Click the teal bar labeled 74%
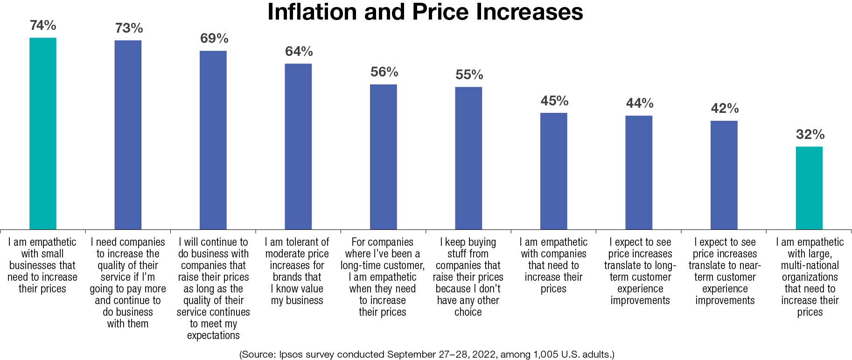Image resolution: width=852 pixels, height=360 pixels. click(43, 133)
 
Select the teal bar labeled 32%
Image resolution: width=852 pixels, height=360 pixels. click(809, 188)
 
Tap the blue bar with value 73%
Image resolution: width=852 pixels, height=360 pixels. click(128, 135)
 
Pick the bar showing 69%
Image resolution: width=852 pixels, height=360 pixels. click(213, 140)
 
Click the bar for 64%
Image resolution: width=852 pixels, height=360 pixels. click(298, 146)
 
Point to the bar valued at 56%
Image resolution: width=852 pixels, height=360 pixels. click(384, 157)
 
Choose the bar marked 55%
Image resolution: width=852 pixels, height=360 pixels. click(468, 158)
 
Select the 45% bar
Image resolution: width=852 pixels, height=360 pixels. click(554, 171)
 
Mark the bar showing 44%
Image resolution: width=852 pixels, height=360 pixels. click(639, 173)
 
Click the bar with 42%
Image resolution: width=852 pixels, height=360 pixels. click(724, 175)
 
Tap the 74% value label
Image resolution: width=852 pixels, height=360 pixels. click(43, 26)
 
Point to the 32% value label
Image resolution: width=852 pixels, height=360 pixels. click(810, 135)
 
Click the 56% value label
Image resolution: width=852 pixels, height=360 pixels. click(384, 72)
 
